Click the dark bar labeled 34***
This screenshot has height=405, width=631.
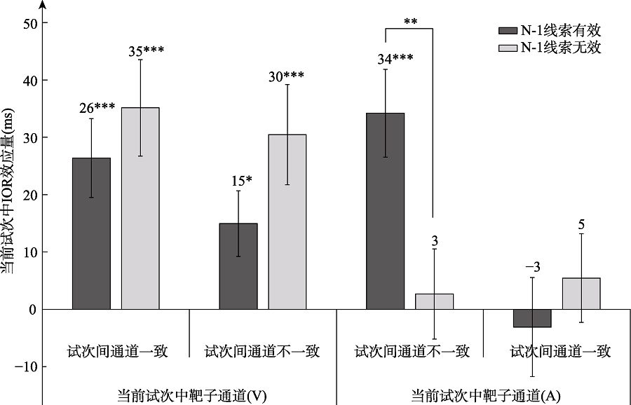click(386, 211)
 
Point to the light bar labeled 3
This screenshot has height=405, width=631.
click(435, 301)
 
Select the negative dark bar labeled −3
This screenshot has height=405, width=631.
click(532, 318)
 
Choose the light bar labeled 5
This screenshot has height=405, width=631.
click(581, 294)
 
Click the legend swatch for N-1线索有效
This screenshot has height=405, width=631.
click(506, 31)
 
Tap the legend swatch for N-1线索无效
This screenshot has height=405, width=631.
click(506, 48)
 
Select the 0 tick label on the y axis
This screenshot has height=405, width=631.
click(33, 309)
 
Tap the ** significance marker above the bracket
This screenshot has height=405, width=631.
click(411, 21)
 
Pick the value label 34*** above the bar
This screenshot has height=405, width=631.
click(395, 60)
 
